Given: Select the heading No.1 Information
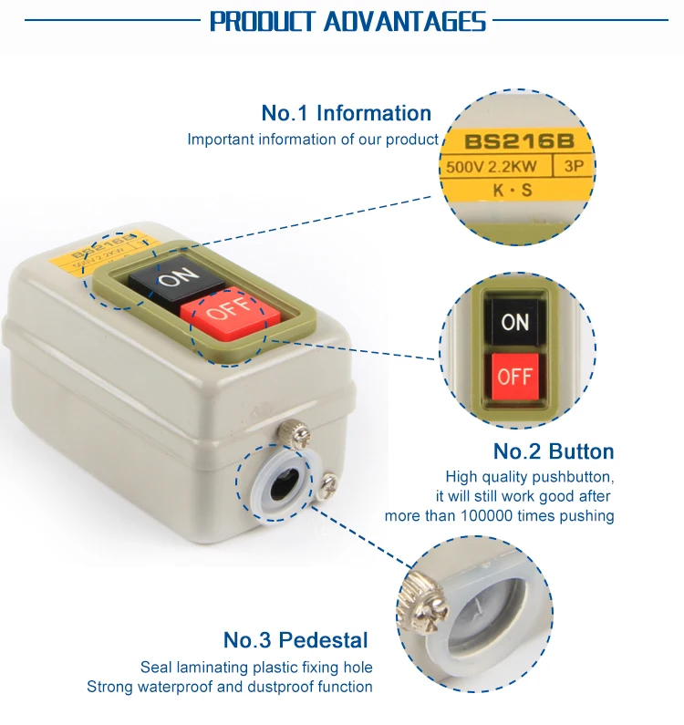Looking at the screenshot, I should click(346, 113).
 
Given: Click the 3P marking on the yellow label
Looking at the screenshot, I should click(575, 168).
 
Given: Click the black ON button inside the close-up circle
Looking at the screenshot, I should click(514, 322).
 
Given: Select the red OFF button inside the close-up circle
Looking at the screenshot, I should click(514, 376).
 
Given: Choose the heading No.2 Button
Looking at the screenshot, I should click(554, 451).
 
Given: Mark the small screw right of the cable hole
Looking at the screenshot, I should click(328, 483).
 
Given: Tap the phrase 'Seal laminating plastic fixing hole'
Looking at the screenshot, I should click(256, 668).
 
